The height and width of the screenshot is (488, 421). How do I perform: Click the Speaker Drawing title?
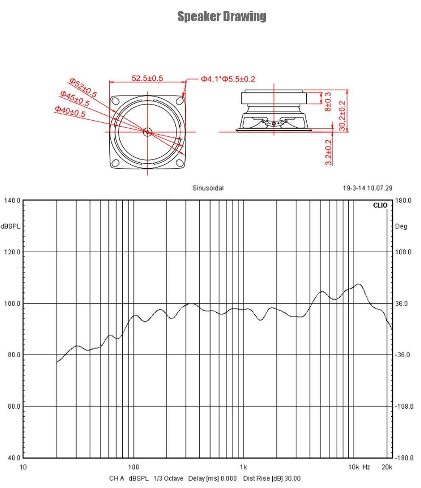222,17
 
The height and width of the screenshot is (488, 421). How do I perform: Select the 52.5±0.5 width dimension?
147,78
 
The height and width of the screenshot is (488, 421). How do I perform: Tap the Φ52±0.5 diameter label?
83,87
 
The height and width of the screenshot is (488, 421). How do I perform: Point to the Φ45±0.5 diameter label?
75,98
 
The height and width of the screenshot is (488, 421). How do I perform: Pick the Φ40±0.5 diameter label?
70,111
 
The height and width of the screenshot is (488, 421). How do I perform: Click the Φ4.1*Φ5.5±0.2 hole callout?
228,79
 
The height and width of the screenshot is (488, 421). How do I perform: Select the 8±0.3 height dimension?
327,101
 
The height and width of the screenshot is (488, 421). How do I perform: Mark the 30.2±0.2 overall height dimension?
343,111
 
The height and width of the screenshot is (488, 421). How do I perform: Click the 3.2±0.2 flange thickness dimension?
328,152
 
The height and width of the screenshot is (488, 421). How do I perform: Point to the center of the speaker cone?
147,132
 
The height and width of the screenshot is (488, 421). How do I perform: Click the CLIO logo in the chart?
380,205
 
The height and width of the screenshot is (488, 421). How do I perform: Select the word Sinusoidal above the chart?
208,188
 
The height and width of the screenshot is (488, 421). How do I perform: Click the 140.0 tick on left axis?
12,200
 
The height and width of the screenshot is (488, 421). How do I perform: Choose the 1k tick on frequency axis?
243,467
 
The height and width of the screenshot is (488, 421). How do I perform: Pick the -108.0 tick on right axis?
404,406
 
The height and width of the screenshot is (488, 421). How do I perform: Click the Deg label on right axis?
401,226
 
